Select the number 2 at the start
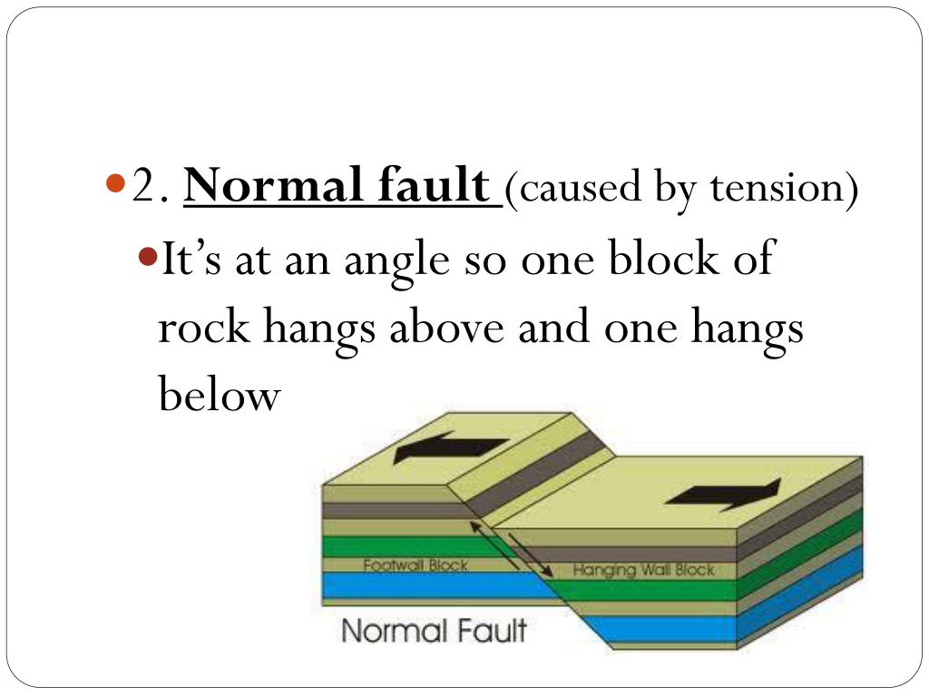(146, 188)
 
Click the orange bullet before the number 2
(114, 184)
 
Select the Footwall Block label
(416, 565)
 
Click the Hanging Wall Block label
(644, 571)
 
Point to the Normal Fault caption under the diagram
(434, 629)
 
